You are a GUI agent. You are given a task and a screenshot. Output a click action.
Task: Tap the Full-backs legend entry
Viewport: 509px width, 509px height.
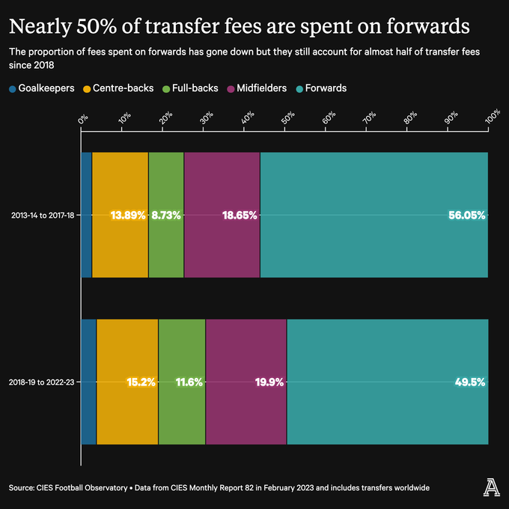tap(191, 88)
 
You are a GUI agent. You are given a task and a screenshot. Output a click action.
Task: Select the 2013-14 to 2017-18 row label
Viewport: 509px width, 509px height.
tap(42, 216)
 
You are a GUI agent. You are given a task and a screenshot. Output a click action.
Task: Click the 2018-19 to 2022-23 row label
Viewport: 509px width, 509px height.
tap(42, 382)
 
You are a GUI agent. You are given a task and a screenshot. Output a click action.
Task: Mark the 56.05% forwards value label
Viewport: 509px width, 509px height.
tap(466, 216)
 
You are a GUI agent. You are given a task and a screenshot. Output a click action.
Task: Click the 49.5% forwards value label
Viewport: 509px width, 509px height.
tap(470, 382)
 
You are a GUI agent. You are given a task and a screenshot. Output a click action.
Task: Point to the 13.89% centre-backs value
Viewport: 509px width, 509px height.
tap(127, 216)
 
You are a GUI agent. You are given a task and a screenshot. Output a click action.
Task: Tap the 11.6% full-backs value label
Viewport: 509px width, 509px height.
tap(189, 382)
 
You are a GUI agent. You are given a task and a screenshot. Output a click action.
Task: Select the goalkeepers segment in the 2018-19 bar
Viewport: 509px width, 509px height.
tap(88, 382)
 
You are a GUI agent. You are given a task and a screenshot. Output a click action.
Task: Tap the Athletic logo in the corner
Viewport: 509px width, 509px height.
tap(490, 487)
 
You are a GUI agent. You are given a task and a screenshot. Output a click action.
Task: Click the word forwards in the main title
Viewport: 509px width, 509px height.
tap(424, 28)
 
